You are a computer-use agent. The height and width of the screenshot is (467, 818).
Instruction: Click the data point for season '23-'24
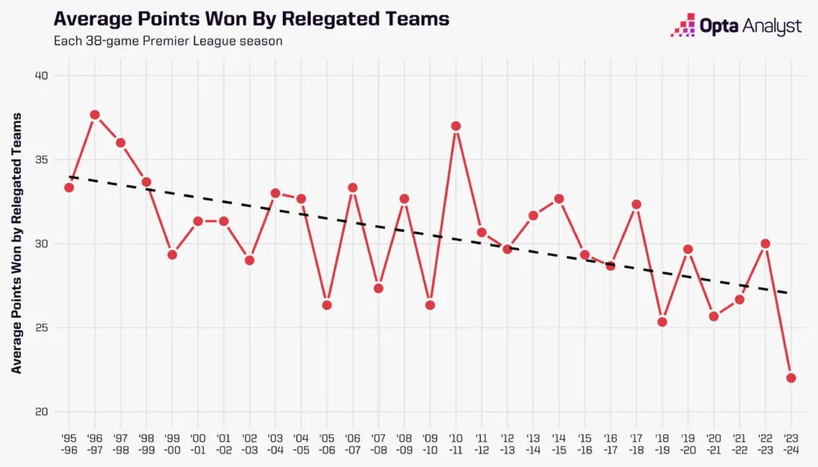point(792,378)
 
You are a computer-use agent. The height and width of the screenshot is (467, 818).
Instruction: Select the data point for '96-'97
point(95,115)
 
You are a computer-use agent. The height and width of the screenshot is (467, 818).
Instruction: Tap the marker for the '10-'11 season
point(456,126)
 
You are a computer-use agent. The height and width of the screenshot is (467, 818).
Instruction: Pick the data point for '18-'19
point(663,321)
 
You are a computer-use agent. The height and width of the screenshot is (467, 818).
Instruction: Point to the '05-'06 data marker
point(327,305)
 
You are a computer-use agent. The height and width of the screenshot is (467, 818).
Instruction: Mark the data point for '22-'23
point(766,243)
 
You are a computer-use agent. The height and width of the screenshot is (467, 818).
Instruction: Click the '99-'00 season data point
point(172,254)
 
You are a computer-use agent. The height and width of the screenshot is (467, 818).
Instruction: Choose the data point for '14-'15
point(560,199)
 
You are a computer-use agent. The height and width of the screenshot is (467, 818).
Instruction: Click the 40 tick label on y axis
point(42,76)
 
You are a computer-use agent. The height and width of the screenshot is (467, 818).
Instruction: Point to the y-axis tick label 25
point(42,328)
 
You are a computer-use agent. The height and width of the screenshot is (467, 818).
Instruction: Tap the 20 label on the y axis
point(42,412)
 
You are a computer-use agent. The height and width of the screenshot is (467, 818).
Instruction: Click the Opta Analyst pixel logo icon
point(683,26)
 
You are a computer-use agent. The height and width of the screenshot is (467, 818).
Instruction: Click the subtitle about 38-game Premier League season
point(168,41)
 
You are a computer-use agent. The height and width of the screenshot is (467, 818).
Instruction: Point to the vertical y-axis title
point(17,245)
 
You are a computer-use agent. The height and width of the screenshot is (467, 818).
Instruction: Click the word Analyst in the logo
point(772,27)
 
